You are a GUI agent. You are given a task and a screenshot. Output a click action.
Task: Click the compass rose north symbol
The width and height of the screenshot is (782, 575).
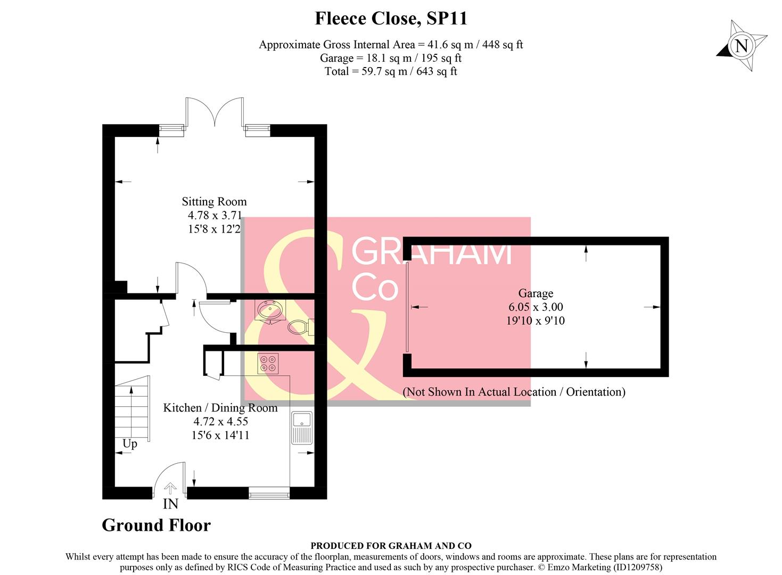click(x=742, y=46)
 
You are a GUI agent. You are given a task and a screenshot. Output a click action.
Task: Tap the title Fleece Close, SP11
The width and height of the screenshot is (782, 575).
click(x=391, y=19)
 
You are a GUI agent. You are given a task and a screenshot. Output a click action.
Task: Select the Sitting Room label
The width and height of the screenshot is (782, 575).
click(x=214, y=202)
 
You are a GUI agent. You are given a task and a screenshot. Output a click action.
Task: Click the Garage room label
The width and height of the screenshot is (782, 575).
click(x=536, y=293)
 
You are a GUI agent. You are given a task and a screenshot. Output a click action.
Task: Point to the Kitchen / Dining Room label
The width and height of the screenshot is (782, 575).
click(x=220, y=408)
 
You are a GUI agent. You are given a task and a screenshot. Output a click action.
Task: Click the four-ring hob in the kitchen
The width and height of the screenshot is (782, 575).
click(x=268, y=363)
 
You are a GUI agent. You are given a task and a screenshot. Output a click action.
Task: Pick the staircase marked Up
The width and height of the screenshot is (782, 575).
click(x=132, y=408)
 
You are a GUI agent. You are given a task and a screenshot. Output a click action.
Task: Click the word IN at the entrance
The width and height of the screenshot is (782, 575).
click(x=170, y=504)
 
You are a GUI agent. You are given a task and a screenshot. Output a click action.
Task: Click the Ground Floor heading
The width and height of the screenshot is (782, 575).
click(x=156, y=525)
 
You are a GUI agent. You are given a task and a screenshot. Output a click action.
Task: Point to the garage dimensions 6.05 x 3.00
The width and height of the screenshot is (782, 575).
click(x=536, y=307)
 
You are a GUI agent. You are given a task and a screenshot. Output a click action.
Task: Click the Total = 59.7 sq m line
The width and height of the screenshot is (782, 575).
click(x=391, y=71)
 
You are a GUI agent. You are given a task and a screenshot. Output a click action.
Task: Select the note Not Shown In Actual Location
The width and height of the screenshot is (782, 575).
click(x=514, y=392)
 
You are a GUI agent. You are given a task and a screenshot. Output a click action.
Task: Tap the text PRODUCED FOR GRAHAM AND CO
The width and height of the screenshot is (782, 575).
click(x=391, y=546)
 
